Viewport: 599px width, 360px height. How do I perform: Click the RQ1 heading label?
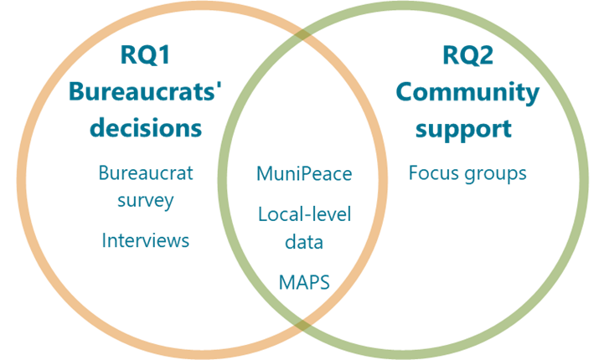146,56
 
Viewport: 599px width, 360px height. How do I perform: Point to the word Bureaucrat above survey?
146,173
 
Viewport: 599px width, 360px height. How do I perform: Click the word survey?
146,201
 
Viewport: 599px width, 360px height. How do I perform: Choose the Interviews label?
146,240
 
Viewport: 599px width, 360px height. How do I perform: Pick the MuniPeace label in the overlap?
304,174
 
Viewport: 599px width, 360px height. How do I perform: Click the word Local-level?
304,213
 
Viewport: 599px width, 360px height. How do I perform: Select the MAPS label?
304,282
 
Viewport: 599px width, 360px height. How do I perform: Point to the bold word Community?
467,92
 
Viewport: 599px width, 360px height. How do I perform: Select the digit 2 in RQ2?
489,56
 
